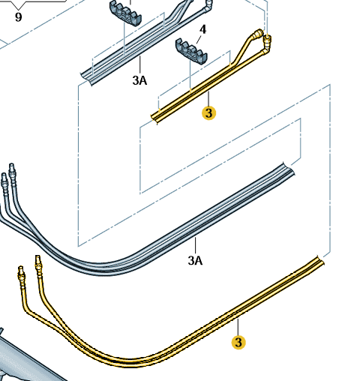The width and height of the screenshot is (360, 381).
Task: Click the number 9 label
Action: pyautogui.click(x=18, y=17)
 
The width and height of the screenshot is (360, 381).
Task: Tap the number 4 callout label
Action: pyautogui.click(x=202, y=29)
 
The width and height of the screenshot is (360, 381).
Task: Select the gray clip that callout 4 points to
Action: pyautogui.click(x=191, y=51)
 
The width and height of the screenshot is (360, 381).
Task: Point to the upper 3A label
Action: pyautogui.click(x=139, y=80)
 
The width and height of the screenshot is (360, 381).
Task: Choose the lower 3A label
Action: pyautogui.click(x=195, y=260)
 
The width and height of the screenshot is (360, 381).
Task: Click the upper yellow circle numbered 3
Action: pyautogui.click(x=208, y=113)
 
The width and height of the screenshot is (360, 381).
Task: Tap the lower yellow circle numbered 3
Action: pyautogui.click(x=238, y=342)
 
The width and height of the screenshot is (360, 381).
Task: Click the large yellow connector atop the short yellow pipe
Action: pyautogui.click(x=258, y=34)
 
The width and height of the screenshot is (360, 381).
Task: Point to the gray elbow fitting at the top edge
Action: pyautogui.click(x=208, y=5)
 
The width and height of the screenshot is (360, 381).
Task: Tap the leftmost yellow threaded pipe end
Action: pyautogui.click(x=21, y=273)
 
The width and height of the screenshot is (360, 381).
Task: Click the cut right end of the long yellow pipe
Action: pyautogui.click(x=321, y=261)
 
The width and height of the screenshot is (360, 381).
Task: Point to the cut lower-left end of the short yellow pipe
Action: pyautogui.click(x=154, y=118)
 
